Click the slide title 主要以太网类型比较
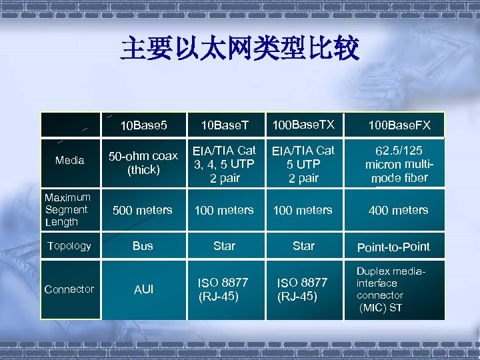click(240, 49)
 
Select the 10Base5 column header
click(143, 125)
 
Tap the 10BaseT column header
click(225, 125)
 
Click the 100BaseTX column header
click(303, 124)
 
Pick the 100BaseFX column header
click(399, 125)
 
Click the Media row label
click(70, 161)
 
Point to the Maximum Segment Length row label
click(67, 209)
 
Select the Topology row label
click(68, 245)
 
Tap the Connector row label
click(69, 289)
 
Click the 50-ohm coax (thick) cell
click(143, 163)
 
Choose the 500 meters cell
click(143, 210)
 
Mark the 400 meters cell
click(399, 210)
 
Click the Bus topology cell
click(143, 246)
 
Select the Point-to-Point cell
click(393, 247)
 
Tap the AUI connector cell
click(143, 289)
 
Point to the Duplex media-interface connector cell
click(390, 289)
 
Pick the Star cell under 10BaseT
click(224, 246)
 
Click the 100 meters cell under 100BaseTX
click(303, 210)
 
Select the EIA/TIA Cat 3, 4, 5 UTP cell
click(224, 164)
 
